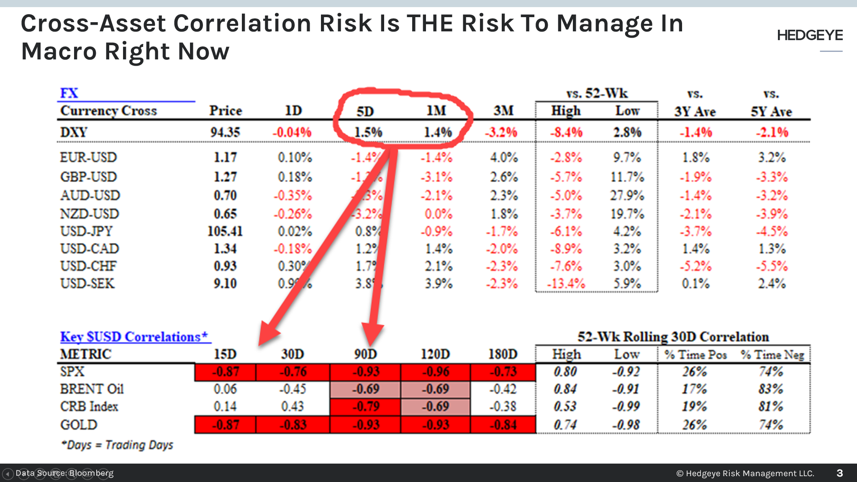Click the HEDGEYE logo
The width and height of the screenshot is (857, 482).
[x=810, y=36]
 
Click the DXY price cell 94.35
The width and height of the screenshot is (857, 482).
[x=225, y=132]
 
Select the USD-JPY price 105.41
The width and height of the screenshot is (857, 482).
[x=225, y=231]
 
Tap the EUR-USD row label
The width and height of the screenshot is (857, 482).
[x=88, y=157]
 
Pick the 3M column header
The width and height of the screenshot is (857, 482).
[x=503, y=111]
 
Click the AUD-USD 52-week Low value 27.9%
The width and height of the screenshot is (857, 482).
[x=627, y=195]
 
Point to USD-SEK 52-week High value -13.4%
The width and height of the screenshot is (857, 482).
[x=566, y=284]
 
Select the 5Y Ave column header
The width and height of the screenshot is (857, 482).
[x=771, y=112]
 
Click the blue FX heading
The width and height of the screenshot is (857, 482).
[x=69, y=93]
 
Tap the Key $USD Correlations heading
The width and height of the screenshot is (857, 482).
[x=134, y=337]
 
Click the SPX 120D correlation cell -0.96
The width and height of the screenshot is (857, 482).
[x=435, y=372]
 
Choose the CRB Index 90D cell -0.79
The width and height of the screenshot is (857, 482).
[x=366, y=406]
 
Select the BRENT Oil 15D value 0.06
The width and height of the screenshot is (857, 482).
[x=225, y=389]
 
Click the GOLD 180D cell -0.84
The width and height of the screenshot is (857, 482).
[x=503, y=425]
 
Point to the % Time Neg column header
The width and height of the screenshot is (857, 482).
[x=772, y=355]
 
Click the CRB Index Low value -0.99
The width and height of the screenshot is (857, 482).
[x=626, y=406]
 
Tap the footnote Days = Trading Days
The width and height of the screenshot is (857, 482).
[x=118, y=445]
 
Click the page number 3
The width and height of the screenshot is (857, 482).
[x=839, y=473]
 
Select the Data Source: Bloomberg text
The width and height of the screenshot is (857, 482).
[x=64, y=473]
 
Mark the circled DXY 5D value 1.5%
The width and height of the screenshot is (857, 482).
[x=368, y=132]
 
